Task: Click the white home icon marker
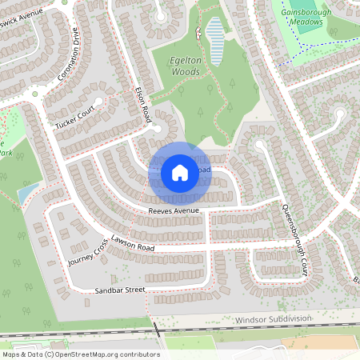tap(180, 172)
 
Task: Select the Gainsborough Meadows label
tap(302, 17)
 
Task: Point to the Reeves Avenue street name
tap(173, 210)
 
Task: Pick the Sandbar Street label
tap(120, 289)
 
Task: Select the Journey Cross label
tap(88, 255)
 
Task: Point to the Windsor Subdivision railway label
tap(273, 319)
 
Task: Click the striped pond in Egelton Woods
tap(214, 33)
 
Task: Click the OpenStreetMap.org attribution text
tap(80, 354)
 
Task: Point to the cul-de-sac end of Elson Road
tap(158, 128)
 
